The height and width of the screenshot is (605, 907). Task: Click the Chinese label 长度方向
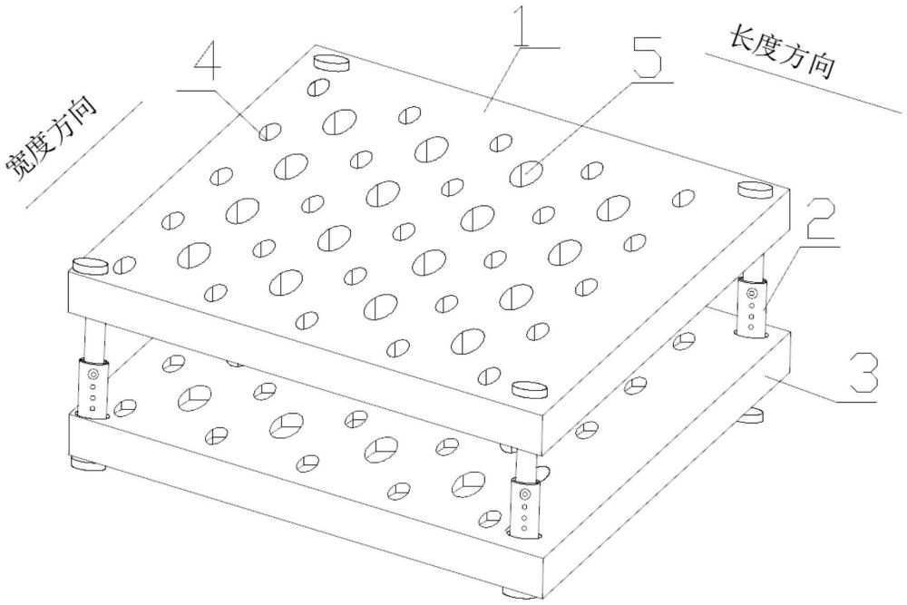click(782, 54)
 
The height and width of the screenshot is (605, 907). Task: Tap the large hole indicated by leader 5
click(527, 171)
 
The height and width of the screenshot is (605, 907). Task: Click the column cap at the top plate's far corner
click(332, 63)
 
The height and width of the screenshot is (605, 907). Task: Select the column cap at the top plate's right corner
click(755, 190)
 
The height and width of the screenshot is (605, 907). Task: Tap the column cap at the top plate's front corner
click(532, 388)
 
